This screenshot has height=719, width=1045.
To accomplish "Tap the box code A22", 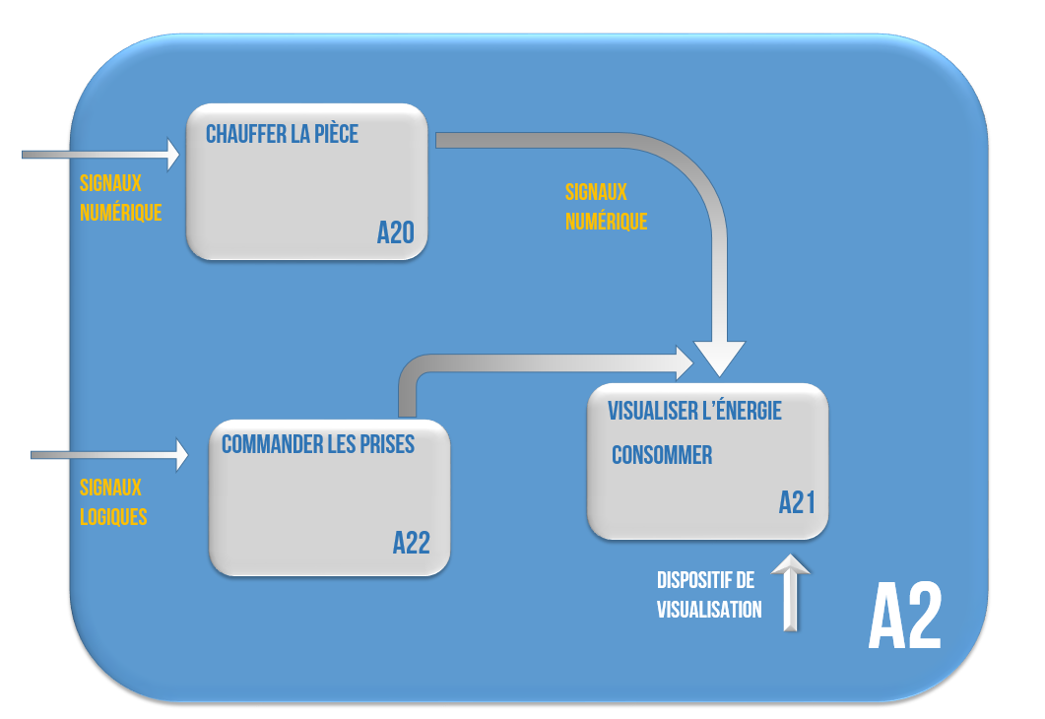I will point(411,543).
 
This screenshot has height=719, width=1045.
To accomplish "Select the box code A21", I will point(797,503).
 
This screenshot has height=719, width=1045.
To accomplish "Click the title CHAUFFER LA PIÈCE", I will point(282,134).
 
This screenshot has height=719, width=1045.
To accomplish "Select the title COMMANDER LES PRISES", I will point(317,444).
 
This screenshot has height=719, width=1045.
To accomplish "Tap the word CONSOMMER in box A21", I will point(661,456).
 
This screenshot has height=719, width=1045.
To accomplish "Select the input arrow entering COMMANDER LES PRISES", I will point(109,454).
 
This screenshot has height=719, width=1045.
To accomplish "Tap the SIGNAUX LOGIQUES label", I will point(112,501).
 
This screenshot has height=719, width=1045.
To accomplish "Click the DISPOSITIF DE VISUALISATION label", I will point(709,595).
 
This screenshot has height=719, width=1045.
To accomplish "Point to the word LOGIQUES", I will point(113,516).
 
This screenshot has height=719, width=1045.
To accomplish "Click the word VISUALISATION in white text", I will point(709,610).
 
